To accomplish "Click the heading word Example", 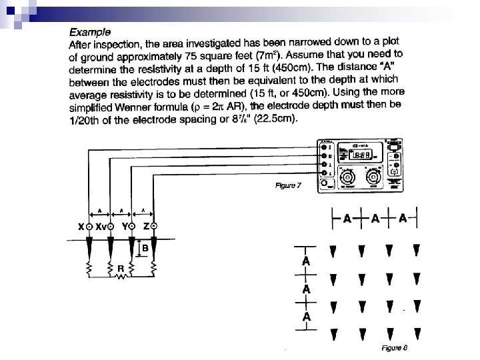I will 91,31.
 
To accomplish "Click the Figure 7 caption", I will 289,185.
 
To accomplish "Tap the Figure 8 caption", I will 393,347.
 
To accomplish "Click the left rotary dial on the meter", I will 349,178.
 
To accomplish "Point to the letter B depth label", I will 145,248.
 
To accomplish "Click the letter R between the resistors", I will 121,269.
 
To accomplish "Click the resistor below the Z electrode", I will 153,269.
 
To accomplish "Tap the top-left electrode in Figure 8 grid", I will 333,251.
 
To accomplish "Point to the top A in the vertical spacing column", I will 305,260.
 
